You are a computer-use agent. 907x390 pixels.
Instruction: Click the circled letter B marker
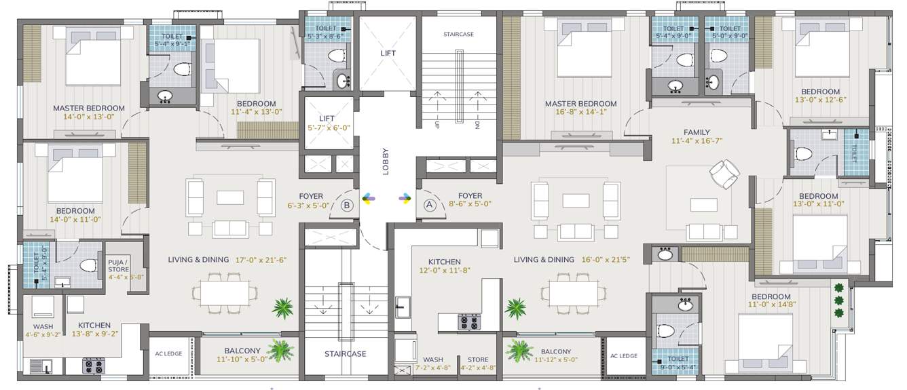click(347, 203)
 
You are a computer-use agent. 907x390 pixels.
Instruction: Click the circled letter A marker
click(429, 203)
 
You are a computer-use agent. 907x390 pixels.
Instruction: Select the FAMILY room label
click(697, 132)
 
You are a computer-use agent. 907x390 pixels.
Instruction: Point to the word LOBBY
click(386, 161)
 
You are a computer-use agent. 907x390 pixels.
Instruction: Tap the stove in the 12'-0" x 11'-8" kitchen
click(468, 321)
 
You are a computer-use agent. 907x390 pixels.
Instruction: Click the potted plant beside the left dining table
click(282, 308)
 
